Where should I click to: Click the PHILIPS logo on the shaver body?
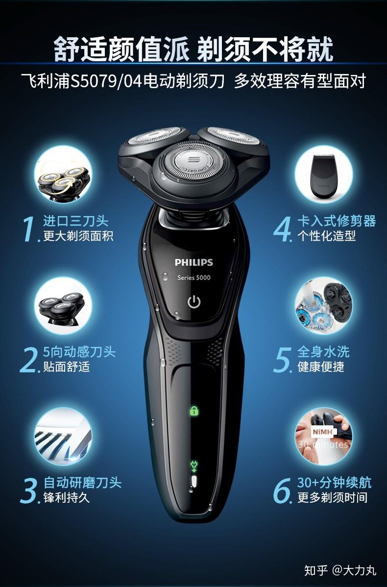point(193,263)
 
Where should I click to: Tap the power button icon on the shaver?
point(194,302)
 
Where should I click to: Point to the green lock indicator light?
point(194,411)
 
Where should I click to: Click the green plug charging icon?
point(194,465)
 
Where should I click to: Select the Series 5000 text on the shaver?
point(194,277)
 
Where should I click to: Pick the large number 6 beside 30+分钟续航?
point(282,490)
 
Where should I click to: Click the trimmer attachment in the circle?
point(323,175)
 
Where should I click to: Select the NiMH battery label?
point(322,432)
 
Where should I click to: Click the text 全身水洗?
point(323,351)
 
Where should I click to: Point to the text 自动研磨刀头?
point(82,483)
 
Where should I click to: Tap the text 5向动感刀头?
point(79,351)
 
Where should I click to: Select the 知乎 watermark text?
point(315,570)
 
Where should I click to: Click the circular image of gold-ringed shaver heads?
point(63,174)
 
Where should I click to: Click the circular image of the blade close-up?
point(63,437)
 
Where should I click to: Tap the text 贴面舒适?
point(67,367)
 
